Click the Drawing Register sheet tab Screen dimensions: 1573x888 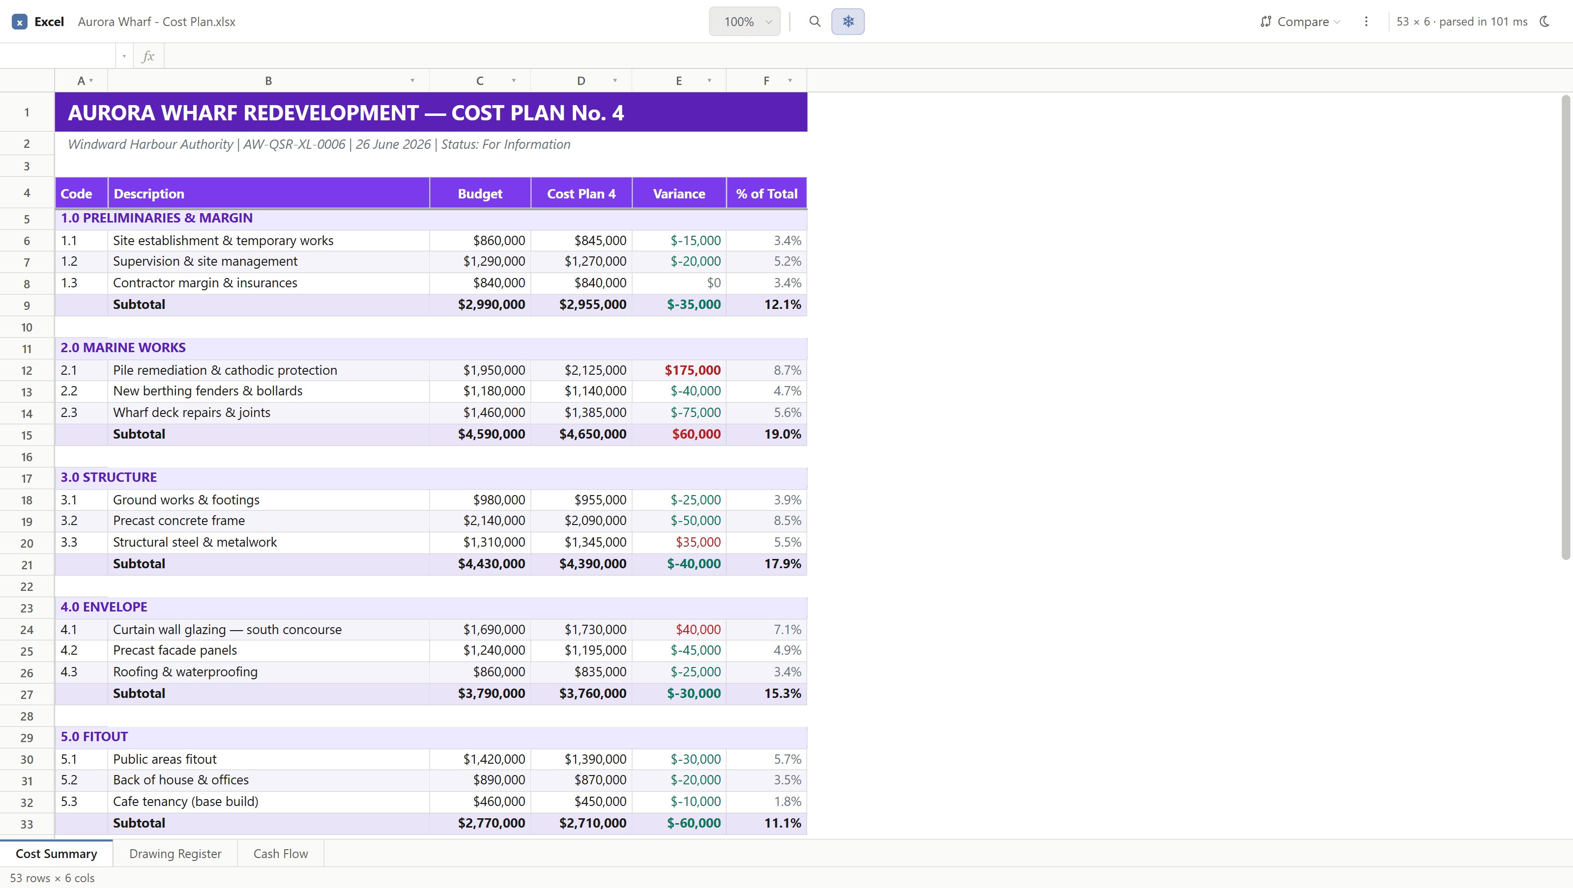click(x=175, y=853)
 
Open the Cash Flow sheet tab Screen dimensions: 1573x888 click(x=280, y=853)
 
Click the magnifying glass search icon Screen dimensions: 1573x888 click(x=815, y=21)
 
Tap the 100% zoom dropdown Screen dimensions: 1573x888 click(x=744, y=21)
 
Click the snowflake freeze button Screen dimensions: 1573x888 click(x=847, y=21)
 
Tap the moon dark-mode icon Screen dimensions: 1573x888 click(x=1544, y=21)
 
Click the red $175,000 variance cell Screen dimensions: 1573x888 click(x=693, y=370)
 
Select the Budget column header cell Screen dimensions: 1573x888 click(x=480, y=194)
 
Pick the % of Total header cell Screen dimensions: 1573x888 click(x=766, y=194)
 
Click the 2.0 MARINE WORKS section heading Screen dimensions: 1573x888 click(x=123, y=347)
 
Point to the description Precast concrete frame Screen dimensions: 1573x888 click(x=179, y=521)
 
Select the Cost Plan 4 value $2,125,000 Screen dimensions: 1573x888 click(x=595, y=370)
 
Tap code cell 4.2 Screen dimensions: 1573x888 click(x=69, y=650)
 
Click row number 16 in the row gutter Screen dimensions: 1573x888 click(x=27, y=456)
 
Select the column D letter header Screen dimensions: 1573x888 click(x=581, y=81)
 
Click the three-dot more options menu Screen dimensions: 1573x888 click(x=1366, y=21)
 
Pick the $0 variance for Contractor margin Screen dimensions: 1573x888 click(x=713, y=282)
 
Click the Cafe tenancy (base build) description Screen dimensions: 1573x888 click(x=186, y=802)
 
